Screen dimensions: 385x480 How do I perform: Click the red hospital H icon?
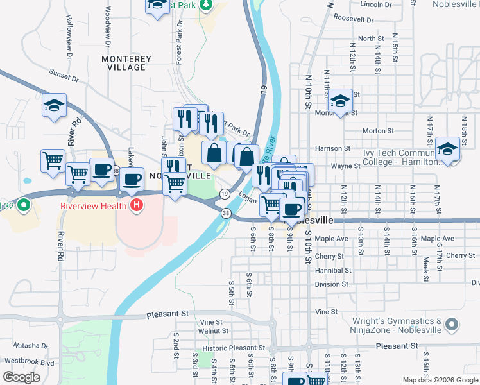136,205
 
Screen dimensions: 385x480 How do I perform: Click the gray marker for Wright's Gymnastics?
452,325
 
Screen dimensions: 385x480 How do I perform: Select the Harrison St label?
333,148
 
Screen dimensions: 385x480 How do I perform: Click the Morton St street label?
378,131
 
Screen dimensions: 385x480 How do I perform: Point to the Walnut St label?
214,331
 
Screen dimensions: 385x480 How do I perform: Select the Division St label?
332,284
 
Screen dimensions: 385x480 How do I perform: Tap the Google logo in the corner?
22,377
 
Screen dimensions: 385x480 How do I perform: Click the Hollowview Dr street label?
68,32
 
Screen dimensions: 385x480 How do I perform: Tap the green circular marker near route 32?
24,206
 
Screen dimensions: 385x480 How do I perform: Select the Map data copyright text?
440,380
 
